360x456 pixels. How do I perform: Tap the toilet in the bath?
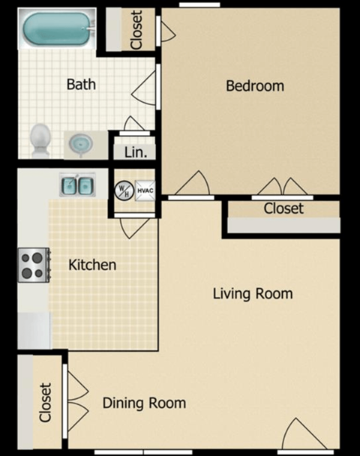[40, 139]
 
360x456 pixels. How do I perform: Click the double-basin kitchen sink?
[76, 185]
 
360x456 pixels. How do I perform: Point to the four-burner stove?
[34, 263]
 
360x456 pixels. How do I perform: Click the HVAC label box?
[145, 190]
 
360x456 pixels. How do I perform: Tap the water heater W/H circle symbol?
[123, 190]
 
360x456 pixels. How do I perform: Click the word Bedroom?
[255, 85]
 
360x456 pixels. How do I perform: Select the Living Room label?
[252, 292]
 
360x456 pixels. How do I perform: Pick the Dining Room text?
[144, 403]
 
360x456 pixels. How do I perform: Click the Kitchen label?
[92, 265]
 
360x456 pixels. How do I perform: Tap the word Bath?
[81, 84]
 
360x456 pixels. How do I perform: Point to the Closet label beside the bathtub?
[136, 30]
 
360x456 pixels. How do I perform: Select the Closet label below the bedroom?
[283, 208]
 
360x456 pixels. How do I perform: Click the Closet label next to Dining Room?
[46, 403]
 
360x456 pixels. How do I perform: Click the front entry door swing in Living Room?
[300, 435]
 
